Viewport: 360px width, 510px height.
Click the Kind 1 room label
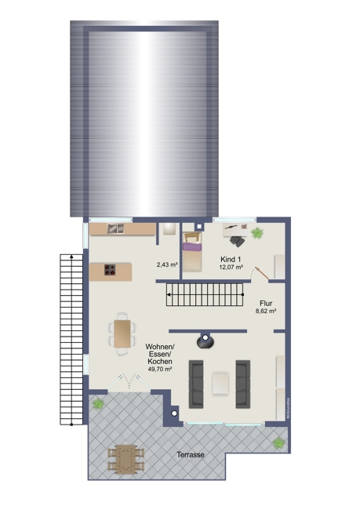click(231, 258)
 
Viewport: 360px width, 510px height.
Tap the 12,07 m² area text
click(231, 267)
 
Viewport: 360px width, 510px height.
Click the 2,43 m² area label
click(167, 264)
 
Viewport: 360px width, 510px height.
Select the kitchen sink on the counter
click(115, 228)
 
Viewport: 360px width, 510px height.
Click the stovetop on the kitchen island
click(111, 271)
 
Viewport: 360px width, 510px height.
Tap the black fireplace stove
click(206, 340)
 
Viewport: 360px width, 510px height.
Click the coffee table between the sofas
click(220, 383)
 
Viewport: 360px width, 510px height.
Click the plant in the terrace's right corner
click(278, 443)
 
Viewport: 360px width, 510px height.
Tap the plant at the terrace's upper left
click(98, 403)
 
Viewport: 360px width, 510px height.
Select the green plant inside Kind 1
click(257, 231)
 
